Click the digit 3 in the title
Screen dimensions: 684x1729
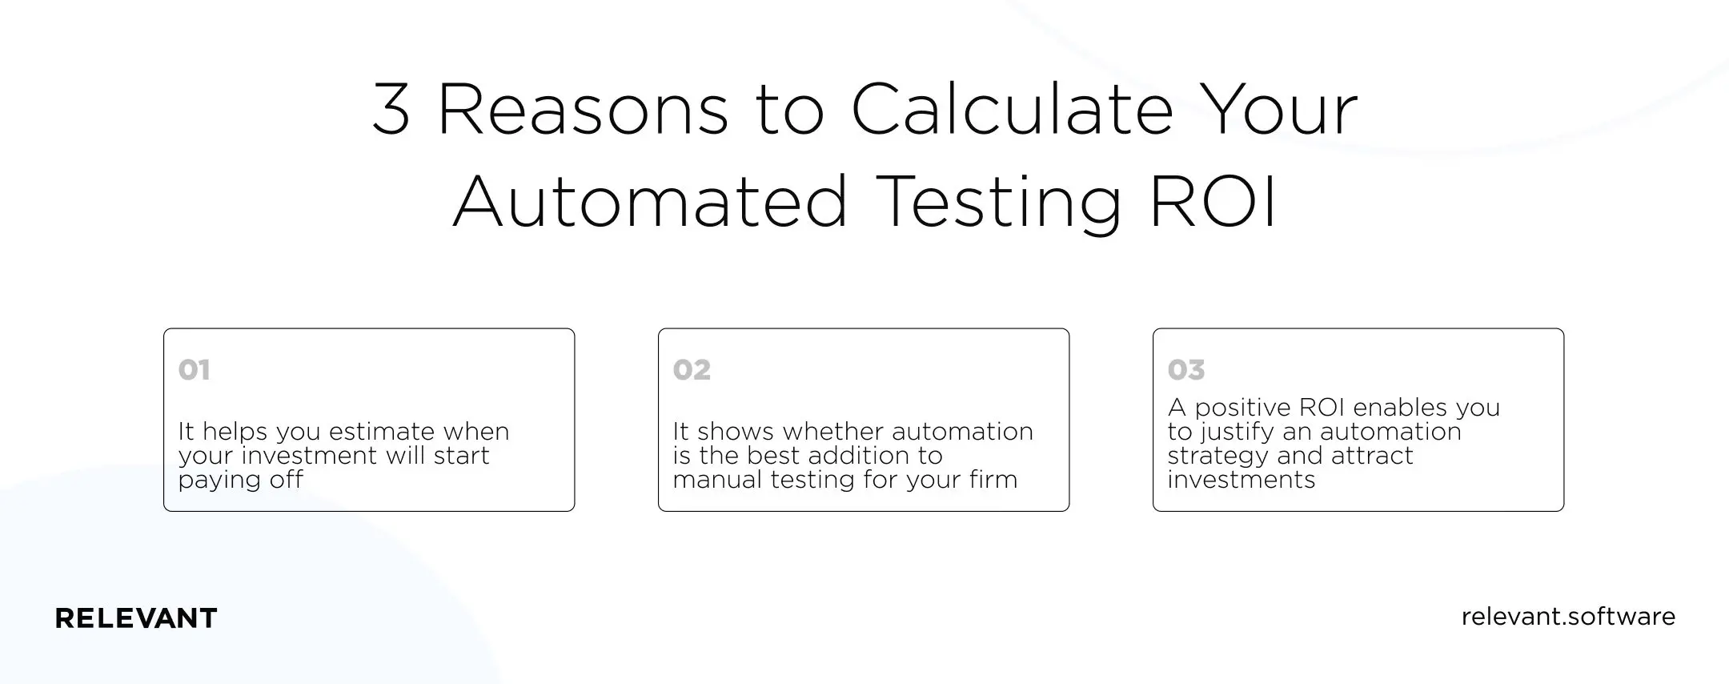tap(391, 109)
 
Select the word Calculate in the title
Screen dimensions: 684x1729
tap(1012, 109)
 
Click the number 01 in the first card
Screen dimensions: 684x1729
tap(195, 370)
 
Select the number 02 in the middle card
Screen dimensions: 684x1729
tap(692, 370)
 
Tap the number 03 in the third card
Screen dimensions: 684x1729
tap(1186, 370)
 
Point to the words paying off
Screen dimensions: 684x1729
tap(241, 480)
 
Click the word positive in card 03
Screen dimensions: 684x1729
tap(1242, 408)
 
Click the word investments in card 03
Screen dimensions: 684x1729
tap(1242, 480)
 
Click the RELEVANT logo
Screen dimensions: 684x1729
tap(136, 618)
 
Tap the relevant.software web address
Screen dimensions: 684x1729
tap(1568, 617)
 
